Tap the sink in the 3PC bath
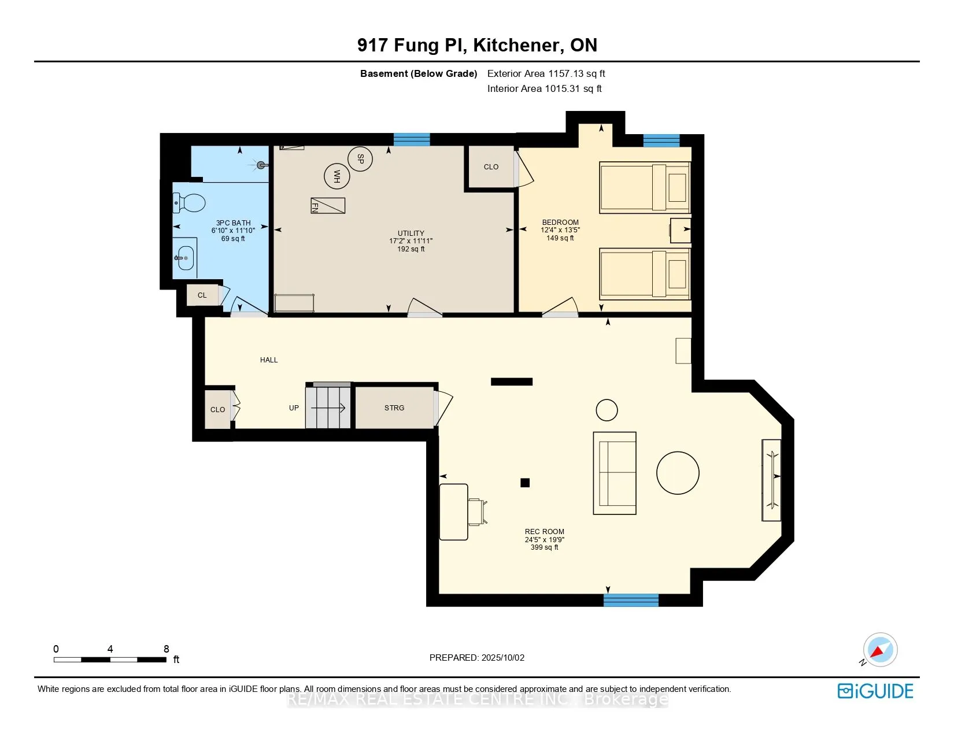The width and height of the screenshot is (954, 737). tap(185, 258)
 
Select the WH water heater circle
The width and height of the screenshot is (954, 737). tap(337, 176)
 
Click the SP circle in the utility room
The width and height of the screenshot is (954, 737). tap(360, 158)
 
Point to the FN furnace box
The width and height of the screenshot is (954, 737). tap(328, 205)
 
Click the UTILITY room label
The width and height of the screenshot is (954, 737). tap(411, 233)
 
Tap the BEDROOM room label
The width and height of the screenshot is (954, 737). tap(560, 222)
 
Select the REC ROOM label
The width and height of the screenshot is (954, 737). tap(545, 531)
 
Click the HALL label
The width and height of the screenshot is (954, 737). tap(269, 360)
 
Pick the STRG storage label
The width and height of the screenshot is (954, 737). tap(394, 408)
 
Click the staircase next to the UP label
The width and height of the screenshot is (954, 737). tap(328, 406)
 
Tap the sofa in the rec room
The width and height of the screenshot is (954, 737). tap(615, 473)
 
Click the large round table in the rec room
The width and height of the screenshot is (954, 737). tap(678, 473)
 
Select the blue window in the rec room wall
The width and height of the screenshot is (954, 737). tap(631, 600)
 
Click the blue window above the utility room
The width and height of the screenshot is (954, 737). tap(411, 139)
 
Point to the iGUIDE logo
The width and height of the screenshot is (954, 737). tap(875, 691)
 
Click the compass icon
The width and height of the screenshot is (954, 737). tap(880, 650)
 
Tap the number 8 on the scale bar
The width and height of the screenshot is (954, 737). tap(167, 649)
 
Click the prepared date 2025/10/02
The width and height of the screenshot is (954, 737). tap(503, 658)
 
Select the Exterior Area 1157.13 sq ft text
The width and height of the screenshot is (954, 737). tap(546, 74)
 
